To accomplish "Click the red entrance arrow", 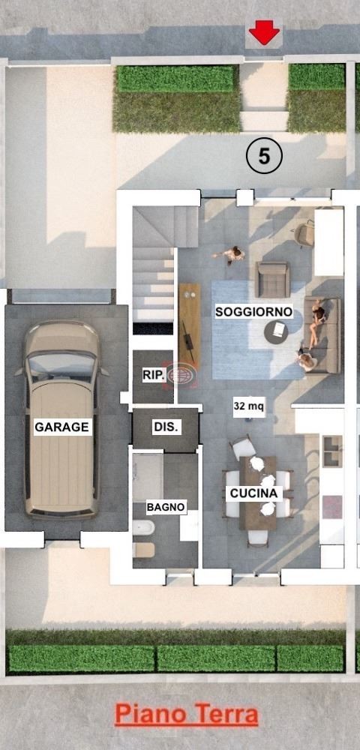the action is coord(264,32).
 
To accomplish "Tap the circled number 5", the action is coord(264,156).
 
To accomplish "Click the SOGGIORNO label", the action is coord(253,312).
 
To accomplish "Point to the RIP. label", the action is coord(154,376).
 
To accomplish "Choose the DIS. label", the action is coord(166,427).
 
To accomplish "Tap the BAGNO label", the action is coord(166,508).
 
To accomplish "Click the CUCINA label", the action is coord(253,493).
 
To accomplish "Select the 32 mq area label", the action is coord(249,406).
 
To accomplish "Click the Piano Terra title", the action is coord(187,715).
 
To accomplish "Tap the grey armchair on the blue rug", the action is coord(272,279).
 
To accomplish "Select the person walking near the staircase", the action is coord(230,254).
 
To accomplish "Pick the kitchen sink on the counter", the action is coord(333,451).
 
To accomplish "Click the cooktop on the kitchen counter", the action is coord(332,507).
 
